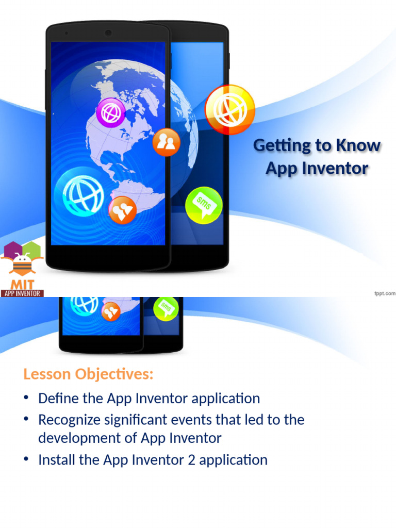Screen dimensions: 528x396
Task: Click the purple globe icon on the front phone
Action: (111, 112)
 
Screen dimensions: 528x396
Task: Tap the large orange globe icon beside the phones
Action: (229, 109)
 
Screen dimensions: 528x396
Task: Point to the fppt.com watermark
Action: (384, 293)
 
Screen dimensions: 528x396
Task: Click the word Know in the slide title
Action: (358, 146)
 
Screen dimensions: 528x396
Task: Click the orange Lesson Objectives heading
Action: (88, 374)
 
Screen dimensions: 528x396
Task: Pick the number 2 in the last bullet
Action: (191, 459)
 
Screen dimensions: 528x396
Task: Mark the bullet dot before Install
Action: (26, 459)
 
